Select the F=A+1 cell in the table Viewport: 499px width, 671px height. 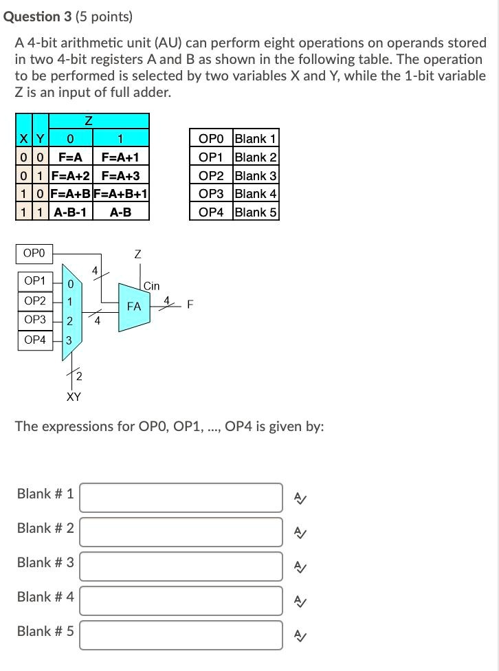(x=120, y=157)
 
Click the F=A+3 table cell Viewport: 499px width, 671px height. (x=120, y=176)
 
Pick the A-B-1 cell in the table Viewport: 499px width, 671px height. (x=71, y=212)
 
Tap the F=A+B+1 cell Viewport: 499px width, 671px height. (x=121, y=194)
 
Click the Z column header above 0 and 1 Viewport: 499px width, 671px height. (x=89, y=121)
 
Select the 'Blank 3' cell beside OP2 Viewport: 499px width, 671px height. (x=256, y=175)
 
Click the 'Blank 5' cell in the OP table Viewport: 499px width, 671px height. (x=256, y=212)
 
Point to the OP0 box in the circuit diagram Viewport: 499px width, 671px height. (x=34, y=254)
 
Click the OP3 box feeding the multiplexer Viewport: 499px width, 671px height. (x=34, y=320)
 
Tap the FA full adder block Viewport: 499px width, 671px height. (x=133, y=306)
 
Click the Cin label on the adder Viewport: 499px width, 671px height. (x=152, y=286)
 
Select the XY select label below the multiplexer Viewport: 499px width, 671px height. (x=74, y=397)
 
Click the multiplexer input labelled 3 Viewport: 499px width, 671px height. (x=69, y=340)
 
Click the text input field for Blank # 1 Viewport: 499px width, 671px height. (x=181, y=497)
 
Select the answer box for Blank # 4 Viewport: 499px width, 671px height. (x=181, y=600)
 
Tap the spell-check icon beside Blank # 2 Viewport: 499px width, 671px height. (x=300, y=532)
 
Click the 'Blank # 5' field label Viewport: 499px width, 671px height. (x=45, y=631)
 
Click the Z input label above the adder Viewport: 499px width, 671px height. (x=138, y=254)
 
